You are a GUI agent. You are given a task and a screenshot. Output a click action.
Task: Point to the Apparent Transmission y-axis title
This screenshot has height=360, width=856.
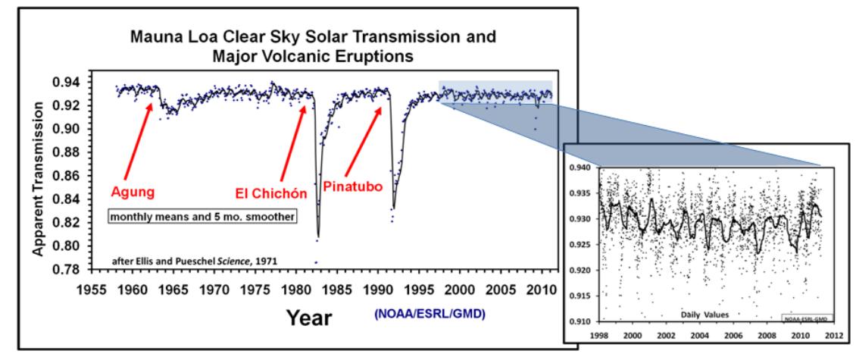click(49, 165)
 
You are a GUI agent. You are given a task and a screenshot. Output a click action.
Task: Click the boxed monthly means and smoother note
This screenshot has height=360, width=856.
click(202, 216)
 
